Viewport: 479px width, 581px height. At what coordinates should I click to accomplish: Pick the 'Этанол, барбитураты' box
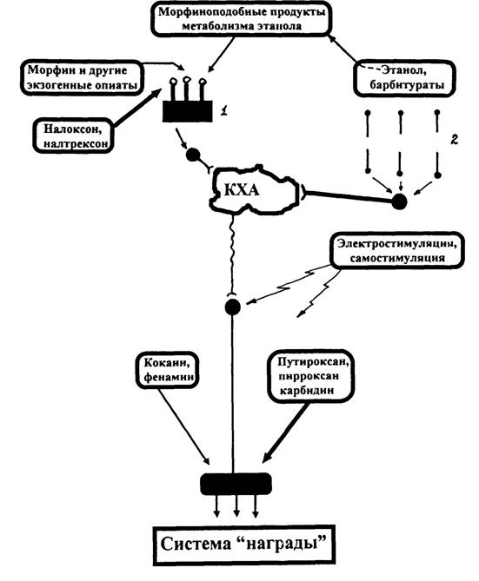[405, 78]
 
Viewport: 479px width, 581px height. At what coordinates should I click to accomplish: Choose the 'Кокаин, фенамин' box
[167, 370]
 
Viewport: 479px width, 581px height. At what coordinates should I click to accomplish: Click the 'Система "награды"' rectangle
[244, 545]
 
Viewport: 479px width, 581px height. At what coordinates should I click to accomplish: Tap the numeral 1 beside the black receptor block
[224, 110]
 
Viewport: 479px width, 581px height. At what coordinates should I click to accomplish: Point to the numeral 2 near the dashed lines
[454, 139]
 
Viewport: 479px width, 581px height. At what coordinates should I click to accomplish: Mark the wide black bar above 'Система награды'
[236, 484]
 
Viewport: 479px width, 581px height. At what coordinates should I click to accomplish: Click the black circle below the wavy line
[233, 307]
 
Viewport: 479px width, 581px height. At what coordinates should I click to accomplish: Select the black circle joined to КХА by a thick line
[400, 202]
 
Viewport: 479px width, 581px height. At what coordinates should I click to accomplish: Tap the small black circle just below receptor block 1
[193, 155]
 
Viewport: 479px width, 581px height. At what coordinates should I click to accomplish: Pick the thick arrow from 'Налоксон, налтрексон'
[137, 108]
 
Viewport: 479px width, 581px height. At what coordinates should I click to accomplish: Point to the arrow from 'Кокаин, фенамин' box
[185, 426]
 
